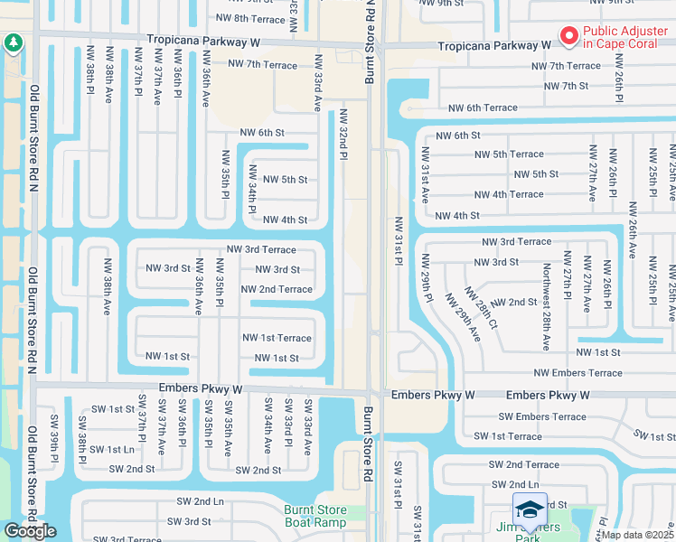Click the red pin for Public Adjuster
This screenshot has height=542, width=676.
point(569,37)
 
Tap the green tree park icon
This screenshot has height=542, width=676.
point(13,42)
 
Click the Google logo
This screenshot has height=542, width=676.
point(30,531)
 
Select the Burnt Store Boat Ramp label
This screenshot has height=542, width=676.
point(315,516)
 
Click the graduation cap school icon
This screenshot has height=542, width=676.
point(530,509)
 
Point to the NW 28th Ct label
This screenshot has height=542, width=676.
point(481,307)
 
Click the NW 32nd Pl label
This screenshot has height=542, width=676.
point(343,136)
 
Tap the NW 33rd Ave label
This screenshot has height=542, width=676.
point(317,82)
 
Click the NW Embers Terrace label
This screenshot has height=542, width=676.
point(577,373)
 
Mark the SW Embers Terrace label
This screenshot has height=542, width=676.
point(542,416)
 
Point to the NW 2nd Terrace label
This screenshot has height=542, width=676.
point(277,290)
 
